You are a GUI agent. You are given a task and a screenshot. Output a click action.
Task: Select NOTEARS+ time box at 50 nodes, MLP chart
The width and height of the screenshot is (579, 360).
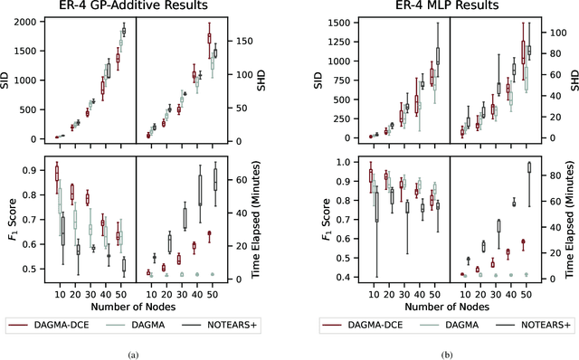point(529,167)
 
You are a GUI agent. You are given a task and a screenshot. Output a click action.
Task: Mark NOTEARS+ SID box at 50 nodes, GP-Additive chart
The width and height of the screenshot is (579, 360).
point(124,31)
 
